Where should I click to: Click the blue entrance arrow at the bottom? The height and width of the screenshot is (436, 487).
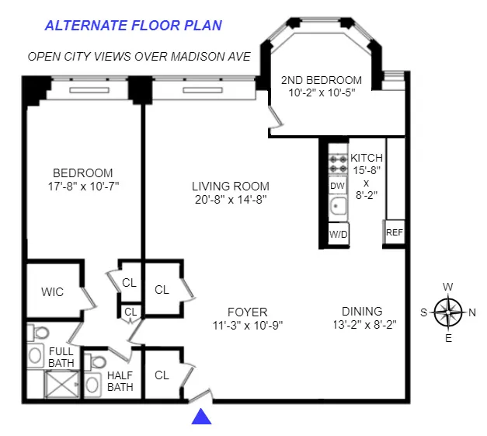[202, 417]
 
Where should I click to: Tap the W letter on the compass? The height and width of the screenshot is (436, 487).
[448, 286]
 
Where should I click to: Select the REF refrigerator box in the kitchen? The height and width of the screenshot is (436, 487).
[395, 232]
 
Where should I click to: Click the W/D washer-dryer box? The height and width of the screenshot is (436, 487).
[338, 234]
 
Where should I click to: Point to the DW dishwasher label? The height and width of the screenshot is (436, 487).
[337, 186]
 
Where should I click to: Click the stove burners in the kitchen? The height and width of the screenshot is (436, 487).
[338, 162]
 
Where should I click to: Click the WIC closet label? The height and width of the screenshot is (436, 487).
[53, 292]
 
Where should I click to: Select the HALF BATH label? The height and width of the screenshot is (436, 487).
[120, 381]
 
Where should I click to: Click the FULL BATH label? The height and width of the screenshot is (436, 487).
[61, 358]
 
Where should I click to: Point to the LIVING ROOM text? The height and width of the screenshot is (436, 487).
[231, 186]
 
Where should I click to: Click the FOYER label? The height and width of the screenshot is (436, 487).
[248, 312]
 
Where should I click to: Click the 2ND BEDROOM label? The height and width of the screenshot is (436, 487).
[321, 80]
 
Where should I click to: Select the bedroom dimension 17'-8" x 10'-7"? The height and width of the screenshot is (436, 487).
[82, 187]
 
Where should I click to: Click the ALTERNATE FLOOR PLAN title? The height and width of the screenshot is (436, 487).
[133, 25]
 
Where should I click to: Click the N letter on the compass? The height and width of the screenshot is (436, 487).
[473, 312]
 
